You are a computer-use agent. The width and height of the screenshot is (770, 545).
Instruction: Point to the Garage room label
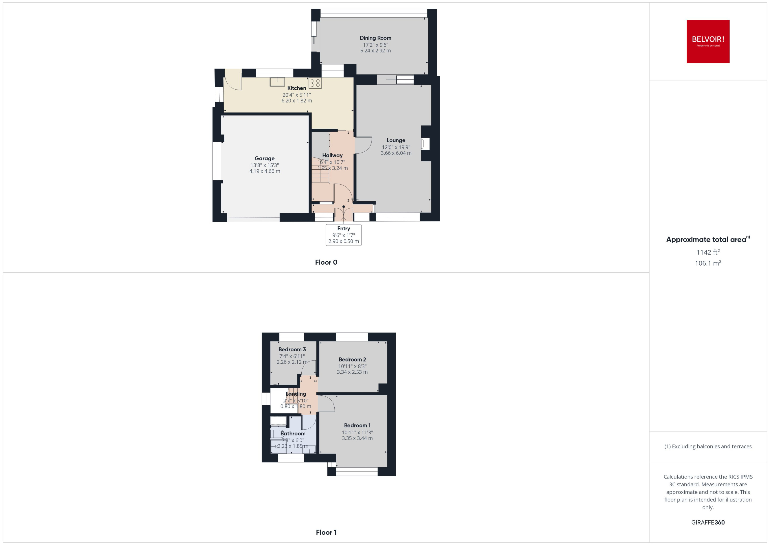pyautogui.click(x=264, y=158)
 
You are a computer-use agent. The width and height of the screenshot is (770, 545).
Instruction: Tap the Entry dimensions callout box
pyautogui.click(x=344, y=235)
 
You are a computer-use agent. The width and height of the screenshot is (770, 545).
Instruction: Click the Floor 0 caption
pyautogui.click(x=326, y=262)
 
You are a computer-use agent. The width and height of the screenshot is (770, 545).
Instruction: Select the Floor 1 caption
pyautogui.click(x=326, y=532)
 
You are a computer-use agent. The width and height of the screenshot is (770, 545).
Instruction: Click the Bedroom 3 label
pyautogui.click(x=292, y=349)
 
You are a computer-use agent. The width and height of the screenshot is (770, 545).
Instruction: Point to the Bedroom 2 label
pyautogui.click(x=352, y=360)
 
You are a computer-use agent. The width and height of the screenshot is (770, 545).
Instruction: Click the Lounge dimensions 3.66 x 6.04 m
pyautogui.click(x=396, y=153)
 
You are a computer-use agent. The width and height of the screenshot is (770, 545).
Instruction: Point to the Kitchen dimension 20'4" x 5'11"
pyautogui.click(x=297, y=95)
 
